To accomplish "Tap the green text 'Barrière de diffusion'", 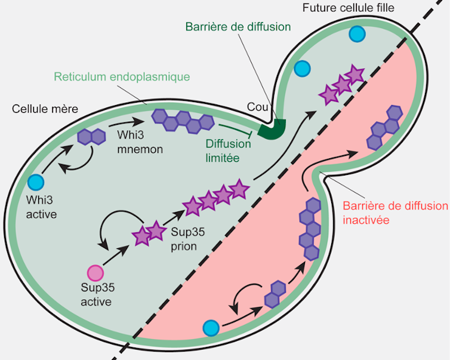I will tap(238, 27).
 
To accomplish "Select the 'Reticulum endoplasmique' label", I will tap(121, 77).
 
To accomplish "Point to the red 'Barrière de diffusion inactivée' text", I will tap(394, 213).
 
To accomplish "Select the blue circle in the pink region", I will tap(211, 328).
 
